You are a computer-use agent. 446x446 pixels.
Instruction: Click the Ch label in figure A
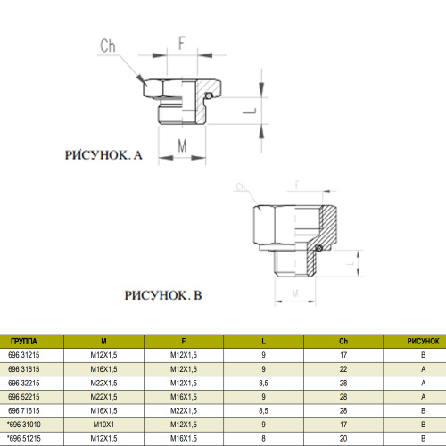point(108,46)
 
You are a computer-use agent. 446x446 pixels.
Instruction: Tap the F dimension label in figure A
point(182,43)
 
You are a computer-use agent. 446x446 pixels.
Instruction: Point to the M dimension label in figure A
point(182,145)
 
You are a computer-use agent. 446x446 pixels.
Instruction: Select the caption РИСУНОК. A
point(103,155)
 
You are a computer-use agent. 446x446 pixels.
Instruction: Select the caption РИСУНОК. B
point(163,295)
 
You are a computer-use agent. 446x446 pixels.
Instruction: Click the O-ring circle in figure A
point(209,95)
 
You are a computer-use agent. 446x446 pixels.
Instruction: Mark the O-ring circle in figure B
point(318,248)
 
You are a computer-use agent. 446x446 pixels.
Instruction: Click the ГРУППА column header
point(24,341)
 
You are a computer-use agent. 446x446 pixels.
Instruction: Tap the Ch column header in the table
point(343,341)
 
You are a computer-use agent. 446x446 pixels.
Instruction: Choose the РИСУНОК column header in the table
point(423,341)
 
